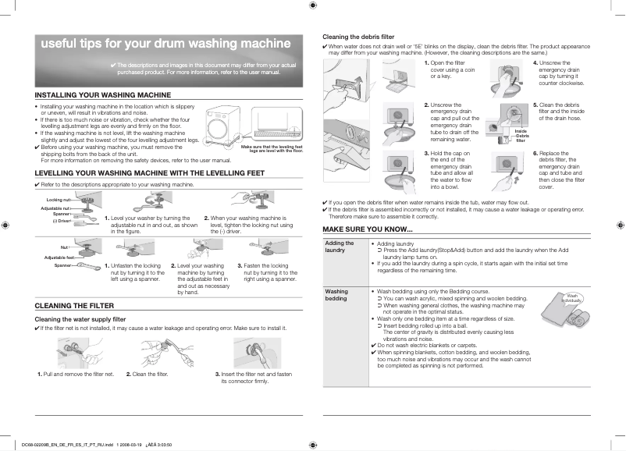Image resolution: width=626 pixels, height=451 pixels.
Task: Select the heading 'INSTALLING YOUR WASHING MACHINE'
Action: pyautogui.click(x=103, y=94)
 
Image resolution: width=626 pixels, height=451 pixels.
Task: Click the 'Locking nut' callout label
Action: pyautogui.click(x=59, y=201)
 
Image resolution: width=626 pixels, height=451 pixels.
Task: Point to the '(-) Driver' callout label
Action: pyautogui.click(x=62, y=221)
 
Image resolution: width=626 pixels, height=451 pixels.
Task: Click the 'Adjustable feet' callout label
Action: pyautogui.click(x=59, y=257)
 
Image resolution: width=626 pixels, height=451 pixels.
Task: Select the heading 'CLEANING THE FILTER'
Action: pyautogui.click(x=76, y=305)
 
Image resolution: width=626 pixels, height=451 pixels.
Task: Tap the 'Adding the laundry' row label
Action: pyautogui.click(x=340, y=247)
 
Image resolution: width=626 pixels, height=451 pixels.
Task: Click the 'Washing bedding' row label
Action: pyautogui.click(x=336, y=295)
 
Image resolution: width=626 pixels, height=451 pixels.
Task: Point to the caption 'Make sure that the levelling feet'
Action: pyautogui.click(x=272, y=147)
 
